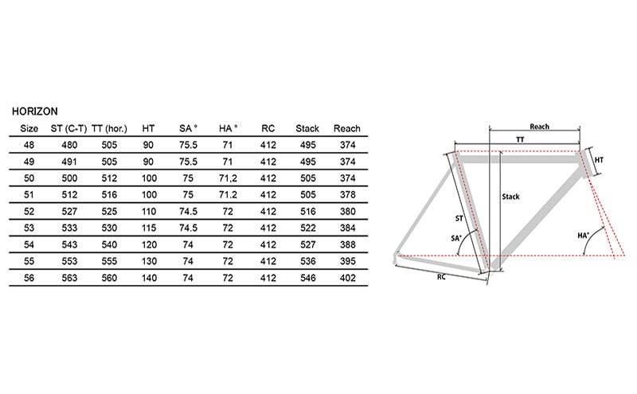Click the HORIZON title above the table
(35, 111)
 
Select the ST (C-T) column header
(68, 129)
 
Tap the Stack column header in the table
(307, 129)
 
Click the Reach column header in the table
(347, 129)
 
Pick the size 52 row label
(29, 212)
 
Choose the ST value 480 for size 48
(69, 145)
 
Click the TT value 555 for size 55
(109, 261)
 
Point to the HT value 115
(149, 228)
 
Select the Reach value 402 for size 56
(348, 278)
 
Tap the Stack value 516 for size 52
(308, 212)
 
